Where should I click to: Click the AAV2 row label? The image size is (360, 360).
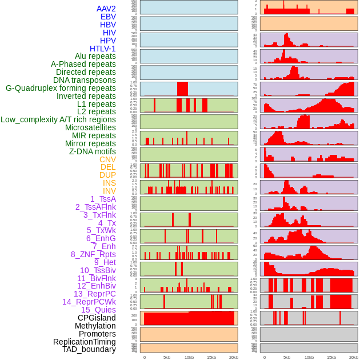pyautogui.click(x=106, y=9)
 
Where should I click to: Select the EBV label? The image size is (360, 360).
pyautogui.click(x=108, y=17)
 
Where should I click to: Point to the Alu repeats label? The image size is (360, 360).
pyautogui.click(x=95, y=56)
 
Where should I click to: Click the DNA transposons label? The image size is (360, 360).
pyautogui.click(x=85, y=80)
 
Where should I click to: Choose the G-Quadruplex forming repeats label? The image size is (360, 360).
pyautogui.click(x=61, y=88)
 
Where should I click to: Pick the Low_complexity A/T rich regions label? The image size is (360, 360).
pyautogui.click(x=58, y=119)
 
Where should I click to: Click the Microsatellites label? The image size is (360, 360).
pyautogui.click(x=90, y=127)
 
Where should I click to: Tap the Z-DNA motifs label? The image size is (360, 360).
pyautogui.click(x=93, y=151)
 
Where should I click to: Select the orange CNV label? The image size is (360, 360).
pyautogui.click(x=107, y=159)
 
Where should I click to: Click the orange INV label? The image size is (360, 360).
pyautogui.click(x=109, y=191)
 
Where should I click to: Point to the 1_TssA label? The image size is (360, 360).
pyautogui.click(x=103, y=199)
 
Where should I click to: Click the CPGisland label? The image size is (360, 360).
pyautogui.click(x=97, y=318)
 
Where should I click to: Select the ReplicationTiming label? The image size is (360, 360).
pyautogui.click(x=84, y=342)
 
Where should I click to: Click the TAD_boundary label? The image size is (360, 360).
pyautogui.click(x=89, y=349)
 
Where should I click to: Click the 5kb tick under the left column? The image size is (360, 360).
pyautogui.click(x=167, y=357)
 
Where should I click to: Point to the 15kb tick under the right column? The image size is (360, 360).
pyautogui.click(x=331, y=357)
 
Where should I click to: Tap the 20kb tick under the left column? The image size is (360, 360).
pyautogui.click(x=234, y=357)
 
